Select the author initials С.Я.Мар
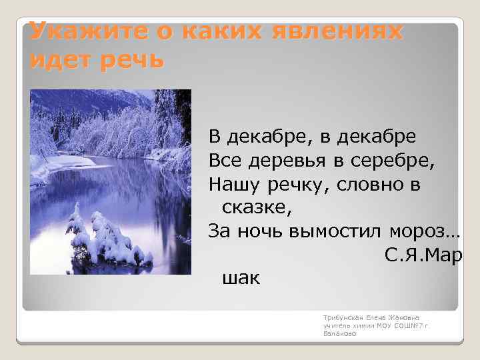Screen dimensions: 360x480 [423, 255]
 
